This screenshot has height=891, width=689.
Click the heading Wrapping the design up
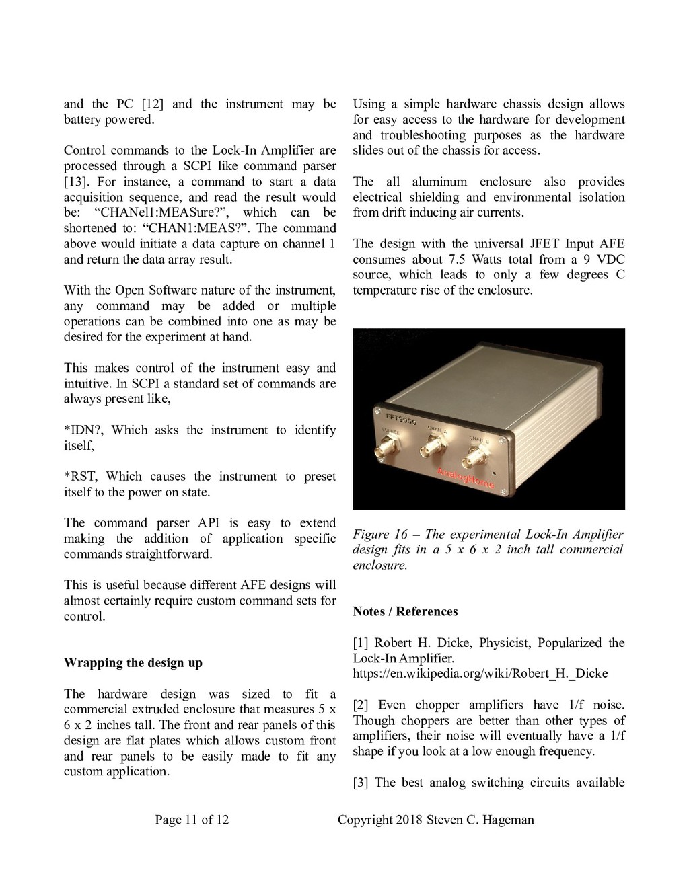pos(133,663)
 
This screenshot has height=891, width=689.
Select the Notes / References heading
pos(405,611)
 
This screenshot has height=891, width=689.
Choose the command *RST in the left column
pos(81,477)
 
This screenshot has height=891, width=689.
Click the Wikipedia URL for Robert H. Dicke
pos(480,674)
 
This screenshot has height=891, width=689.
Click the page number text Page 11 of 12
pos(192,819)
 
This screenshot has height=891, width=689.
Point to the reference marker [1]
pos(361,643)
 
